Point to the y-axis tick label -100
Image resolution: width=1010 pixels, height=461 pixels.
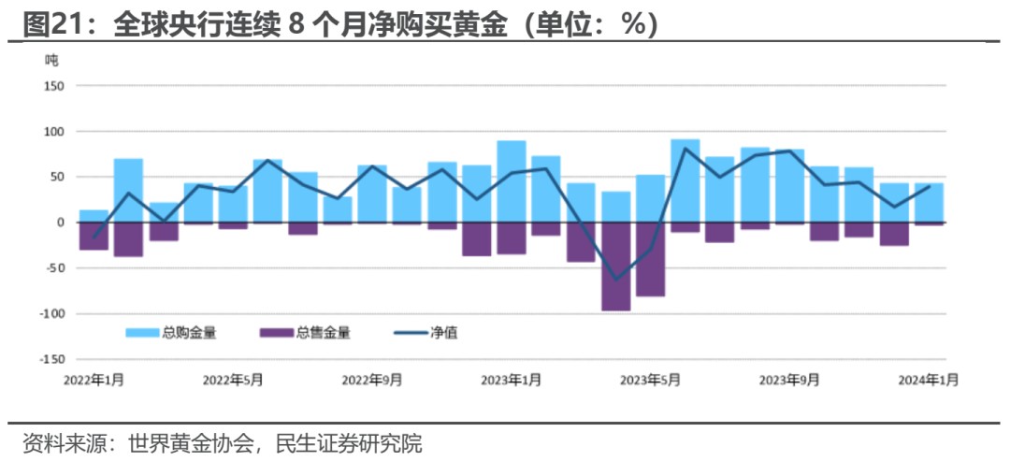[50, 314]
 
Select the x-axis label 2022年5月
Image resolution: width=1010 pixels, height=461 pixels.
[233, 380]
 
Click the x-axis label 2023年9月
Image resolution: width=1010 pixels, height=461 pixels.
[789, 380]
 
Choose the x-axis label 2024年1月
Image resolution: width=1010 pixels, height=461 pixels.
[928, 380]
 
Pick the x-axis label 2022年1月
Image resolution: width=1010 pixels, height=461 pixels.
[94, 380]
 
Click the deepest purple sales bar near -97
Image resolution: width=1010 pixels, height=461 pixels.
[615, 267]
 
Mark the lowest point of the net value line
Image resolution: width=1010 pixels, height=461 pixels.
[615, 280]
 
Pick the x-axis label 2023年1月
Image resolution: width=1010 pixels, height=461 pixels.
[511, 380]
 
